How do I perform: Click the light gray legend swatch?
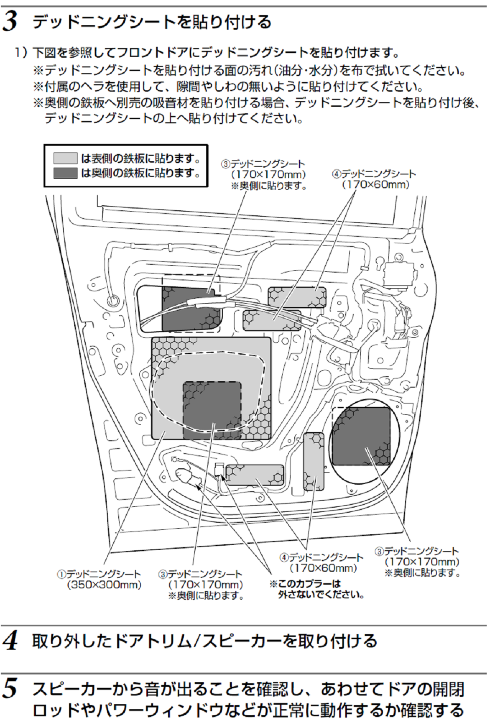click(x=65, y=158)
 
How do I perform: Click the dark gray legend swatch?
click(x=65, y=173)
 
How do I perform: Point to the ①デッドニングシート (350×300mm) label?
click(x=99, y=580)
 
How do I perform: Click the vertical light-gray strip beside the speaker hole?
click(x=313, y=461)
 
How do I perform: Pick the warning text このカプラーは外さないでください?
click(x=317, y=589)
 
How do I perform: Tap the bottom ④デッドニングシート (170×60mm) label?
click(x=322, y=563)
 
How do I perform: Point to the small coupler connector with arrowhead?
click(x=219, y=470)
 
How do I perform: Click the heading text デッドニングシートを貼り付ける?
click(x=152, y=22)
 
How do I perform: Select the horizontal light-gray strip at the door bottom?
click(x=255, y=475)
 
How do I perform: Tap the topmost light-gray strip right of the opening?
click(x=297, y=297)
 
